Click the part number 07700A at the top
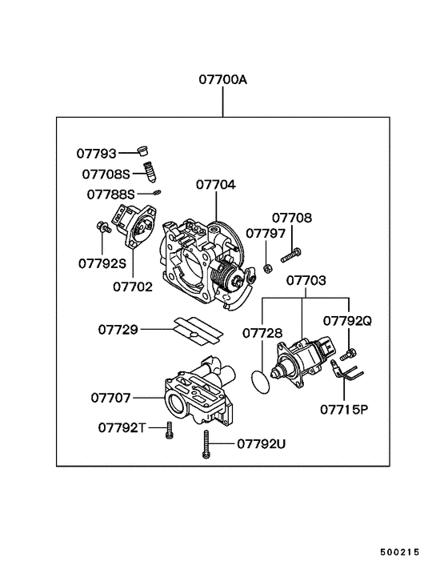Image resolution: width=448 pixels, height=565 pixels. (x=223, y=80)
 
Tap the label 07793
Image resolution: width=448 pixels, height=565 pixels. (x=97, y=152)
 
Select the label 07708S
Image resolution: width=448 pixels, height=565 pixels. (x=105, y=173)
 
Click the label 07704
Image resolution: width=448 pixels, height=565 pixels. (x=216, y=185)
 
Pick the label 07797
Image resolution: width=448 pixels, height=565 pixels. (x=265, y=233)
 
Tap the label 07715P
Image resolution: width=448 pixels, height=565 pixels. (x=344, y=408)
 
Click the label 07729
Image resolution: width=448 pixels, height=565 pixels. (x=118, y=329)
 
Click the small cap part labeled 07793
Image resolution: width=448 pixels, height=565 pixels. (x=144, y=151)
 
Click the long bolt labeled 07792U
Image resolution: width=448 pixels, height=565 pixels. (x=206, y=443)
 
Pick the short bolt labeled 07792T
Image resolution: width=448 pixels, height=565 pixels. (x=170, y=431)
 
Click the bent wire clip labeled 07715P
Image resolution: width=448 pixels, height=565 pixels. (x=346, y=374)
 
